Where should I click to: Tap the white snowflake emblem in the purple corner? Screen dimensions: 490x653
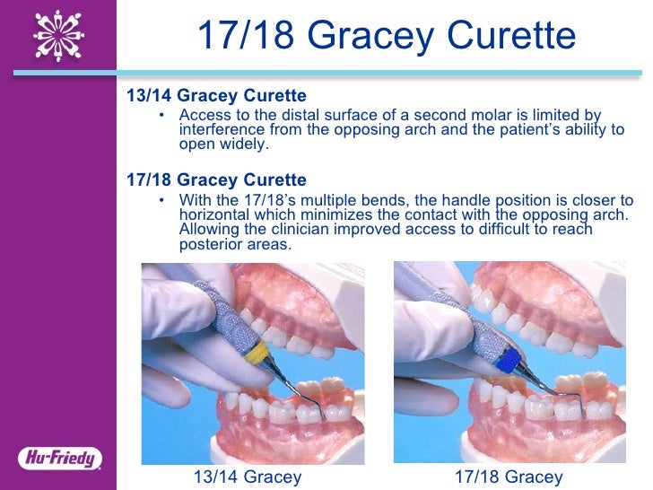[58, 35]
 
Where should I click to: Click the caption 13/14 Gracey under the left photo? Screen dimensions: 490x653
[248, 477]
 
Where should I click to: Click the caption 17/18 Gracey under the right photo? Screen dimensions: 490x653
[508, 477]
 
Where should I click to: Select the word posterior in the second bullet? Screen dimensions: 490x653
[210, 244]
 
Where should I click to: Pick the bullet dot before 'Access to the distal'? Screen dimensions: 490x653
[161, 116]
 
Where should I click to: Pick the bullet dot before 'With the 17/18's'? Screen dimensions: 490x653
[161, 201]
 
